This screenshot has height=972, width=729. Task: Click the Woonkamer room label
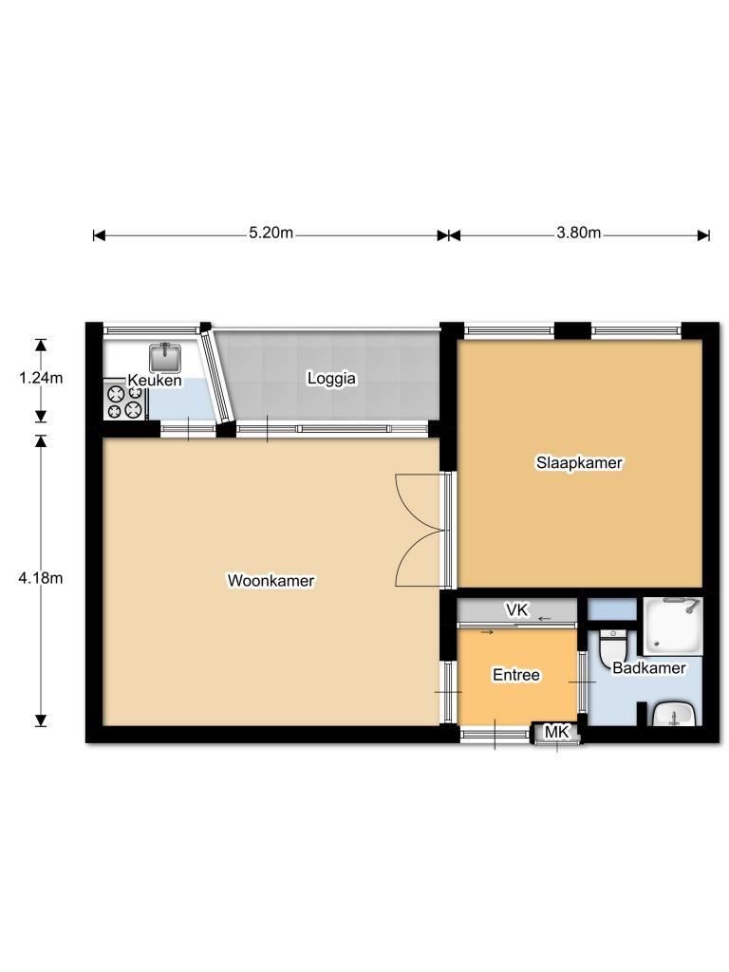coord(271,581)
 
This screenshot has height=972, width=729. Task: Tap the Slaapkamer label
coord(579,462)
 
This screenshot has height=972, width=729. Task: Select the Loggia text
coord(331,378)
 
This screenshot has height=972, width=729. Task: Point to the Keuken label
coord(155,380)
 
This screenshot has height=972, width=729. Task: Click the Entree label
coord(516,675)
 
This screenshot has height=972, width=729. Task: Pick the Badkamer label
coord(649,667)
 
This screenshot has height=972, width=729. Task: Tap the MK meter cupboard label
coord(556,732)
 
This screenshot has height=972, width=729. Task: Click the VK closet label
coord(517,610)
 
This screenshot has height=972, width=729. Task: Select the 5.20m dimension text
coord(271,233)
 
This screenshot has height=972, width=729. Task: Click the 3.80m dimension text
coord(578,233)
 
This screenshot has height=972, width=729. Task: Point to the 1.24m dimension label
coord(41,378)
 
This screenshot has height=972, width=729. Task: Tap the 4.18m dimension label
coord(41,578)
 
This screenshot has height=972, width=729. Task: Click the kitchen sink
coord(165,357)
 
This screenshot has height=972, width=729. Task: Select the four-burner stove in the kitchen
coord(124,402)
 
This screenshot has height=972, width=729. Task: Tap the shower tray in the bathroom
coord(673,626)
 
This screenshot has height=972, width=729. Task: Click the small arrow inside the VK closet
coord(545,619)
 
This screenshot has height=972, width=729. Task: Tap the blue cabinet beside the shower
coord(612,609)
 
